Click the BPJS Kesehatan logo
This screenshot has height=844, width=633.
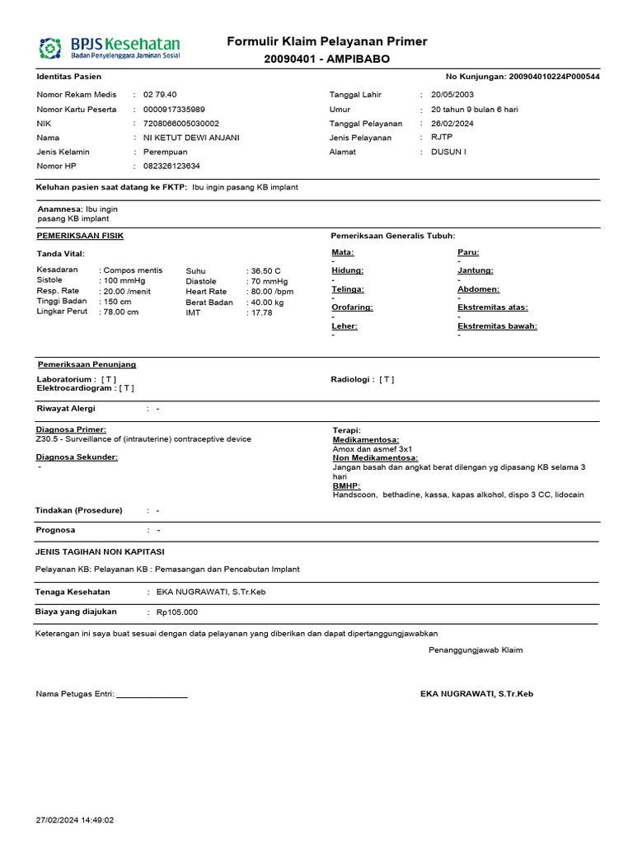pos(109,47)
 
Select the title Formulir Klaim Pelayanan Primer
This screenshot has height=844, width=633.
pos(326,42)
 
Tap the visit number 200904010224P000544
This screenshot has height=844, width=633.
pos(555,77)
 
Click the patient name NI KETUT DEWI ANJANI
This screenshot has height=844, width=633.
pos(191,138)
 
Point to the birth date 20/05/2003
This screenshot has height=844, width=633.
pos(453,95)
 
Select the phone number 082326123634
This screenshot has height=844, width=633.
pos(171,166)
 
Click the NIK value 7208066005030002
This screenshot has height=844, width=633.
pos(181,124)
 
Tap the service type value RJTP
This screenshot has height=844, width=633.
pos(442,138)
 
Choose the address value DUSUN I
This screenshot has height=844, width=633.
pos(448,152)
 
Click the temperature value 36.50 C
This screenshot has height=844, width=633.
pos(267,270)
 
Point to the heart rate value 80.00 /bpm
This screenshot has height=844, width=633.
pos(273,291)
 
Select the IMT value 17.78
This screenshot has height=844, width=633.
pos(262,312)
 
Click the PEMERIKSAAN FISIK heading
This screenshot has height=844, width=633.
pos(80,236)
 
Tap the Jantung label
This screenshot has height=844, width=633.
pos(475,270)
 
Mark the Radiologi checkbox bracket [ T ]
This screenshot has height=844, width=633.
pos(387,379)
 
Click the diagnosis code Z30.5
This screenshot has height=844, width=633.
pos(48,439)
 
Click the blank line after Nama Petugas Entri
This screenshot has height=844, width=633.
pos(152,695)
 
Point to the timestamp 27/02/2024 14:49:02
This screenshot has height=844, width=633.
pos(75,820)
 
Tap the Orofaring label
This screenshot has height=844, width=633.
pos(352,307)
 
